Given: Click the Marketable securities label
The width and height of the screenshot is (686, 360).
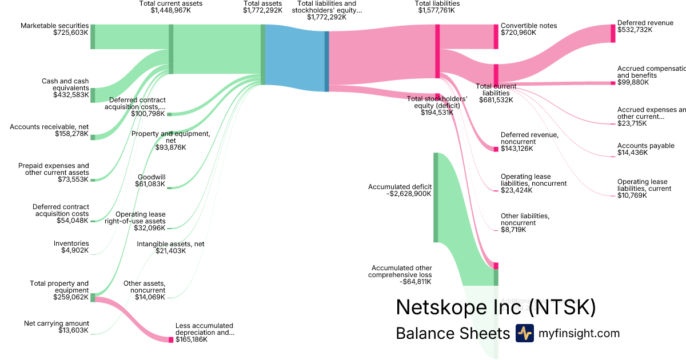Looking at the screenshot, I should click(x=54, y=26).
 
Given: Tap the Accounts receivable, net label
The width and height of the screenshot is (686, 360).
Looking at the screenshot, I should click(x=49, y=126).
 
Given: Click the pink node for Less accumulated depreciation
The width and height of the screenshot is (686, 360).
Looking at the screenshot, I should click(x=170, y=339).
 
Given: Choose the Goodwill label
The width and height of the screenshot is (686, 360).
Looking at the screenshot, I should click(x=151, y=177).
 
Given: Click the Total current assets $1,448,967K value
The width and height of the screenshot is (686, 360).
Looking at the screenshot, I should click(x=171, y=10).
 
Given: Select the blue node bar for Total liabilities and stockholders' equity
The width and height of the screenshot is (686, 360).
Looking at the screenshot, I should click(x=326, y=61).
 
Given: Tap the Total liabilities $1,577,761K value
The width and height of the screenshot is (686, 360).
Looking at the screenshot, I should click(x=437, y=10).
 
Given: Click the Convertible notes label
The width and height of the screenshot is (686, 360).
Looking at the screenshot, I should click(x=528, y=26).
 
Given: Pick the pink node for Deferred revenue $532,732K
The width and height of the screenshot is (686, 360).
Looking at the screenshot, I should click(x=613, y=34).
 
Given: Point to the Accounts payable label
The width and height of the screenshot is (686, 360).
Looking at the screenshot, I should click(x=645, y=146).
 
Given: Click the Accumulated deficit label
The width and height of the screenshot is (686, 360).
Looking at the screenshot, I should click(x=400, y=186).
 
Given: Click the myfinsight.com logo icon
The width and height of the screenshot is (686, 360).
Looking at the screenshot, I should click(x=524, y=333).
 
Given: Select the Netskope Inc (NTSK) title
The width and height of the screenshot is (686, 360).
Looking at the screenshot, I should click(x=496, y=307).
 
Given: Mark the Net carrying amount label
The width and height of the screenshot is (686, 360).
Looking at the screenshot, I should click(x=56, y=323).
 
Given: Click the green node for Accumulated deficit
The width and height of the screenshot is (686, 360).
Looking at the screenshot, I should click(x=436, y=197).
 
